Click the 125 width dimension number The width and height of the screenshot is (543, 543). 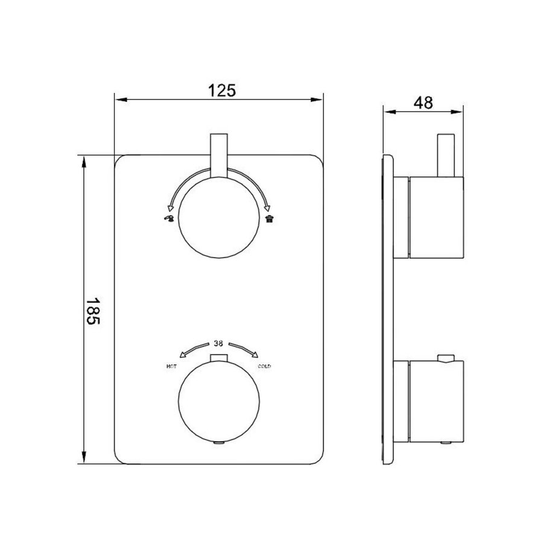click(x=221, y=91)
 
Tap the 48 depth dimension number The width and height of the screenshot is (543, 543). click(x=424, y=103)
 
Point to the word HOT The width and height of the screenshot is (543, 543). click(x=171, y=366)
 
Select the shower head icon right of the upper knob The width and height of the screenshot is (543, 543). click(x=268, y=218)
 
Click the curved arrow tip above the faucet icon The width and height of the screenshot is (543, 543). click(x=171, y=207)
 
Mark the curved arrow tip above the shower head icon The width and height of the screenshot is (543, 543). click(x=268, y=207)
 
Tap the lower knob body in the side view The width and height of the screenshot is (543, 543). click(x=436, y=401)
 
